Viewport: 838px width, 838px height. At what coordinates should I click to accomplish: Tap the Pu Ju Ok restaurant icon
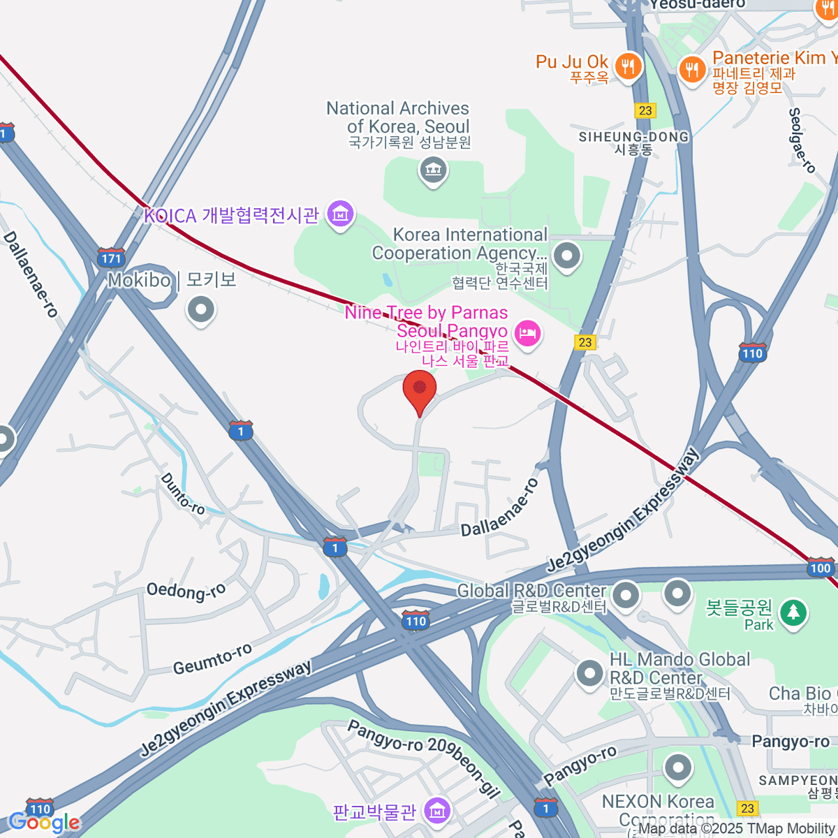[x=629, y=67]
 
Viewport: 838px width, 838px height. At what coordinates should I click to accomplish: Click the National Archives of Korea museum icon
[x=433, y=169]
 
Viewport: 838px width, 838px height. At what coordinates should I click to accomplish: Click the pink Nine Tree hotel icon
[x=527, y=333]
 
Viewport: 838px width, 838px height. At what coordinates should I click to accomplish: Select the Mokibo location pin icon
[x=201, y=309]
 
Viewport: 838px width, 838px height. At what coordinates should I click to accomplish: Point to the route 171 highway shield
[x=111, y=258]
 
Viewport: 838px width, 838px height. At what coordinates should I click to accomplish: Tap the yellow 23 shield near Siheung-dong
[x=645, y=110]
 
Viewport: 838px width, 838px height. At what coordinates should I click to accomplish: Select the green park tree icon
[x=793, y=612]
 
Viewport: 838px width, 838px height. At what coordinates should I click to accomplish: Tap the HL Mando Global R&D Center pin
[x=589, y=674]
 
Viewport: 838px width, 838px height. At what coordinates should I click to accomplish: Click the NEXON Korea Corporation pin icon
[x=677, y=768]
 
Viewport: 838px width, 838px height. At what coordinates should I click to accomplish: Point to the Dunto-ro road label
[x=182, y=494]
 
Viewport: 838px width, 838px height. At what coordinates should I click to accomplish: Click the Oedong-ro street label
[x=186, y=592]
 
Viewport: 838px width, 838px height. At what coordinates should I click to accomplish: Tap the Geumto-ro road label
[x=212, y=659]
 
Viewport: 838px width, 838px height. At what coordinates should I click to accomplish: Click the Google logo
[x=44, y=822]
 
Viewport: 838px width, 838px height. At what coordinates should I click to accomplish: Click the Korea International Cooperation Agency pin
[x=566, y=255]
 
